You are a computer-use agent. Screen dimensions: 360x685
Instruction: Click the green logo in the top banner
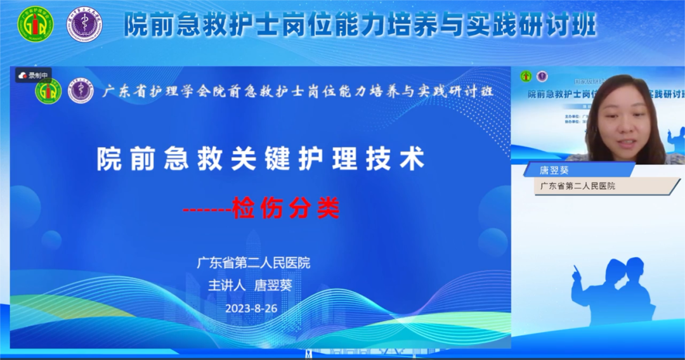pyautogui.click(x=36, y=24)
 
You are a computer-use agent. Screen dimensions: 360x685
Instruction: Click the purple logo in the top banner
pyautogui.click(x=86, y=24)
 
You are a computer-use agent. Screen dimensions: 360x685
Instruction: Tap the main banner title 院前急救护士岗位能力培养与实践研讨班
pyautogui.click(x=360, y=25)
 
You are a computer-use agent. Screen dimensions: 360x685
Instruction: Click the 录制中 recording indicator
pyautogui.click(x=34, y=75)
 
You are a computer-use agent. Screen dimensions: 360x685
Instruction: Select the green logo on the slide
pyautogui.click(x=48, y=92)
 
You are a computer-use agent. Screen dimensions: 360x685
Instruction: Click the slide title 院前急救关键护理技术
pyautogui.click(x=260, y=159)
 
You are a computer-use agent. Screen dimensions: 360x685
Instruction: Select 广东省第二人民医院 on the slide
pyautogui.click(x=253, y=263)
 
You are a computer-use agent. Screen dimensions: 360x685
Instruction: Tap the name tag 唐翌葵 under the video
pyautogui.click(x=554, y=170)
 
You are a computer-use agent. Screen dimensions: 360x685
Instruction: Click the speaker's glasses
pyautogui.click(x=618, y=110)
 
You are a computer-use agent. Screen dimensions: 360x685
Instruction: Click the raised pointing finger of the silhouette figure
pyautogui.click(x=576, y=270)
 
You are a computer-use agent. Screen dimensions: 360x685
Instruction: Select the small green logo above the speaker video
pyautogui.click(x=525, y=77)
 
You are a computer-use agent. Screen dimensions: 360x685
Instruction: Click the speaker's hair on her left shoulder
pyautogui.click(x=653, y=143)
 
